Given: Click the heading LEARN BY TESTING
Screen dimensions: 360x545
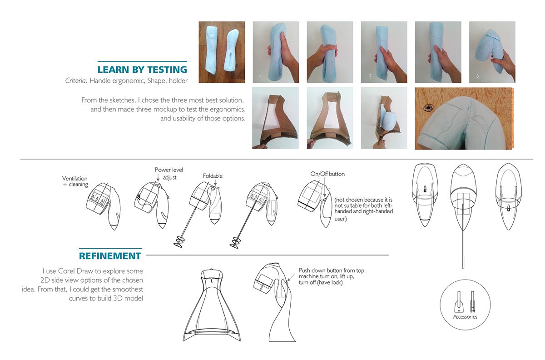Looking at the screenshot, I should coord(142,70).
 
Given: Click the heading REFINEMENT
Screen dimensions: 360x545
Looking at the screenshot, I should coord(110,256).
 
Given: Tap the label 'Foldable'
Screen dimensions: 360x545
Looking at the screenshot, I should coord(213,176).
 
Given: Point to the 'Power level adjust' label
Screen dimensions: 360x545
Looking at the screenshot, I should coord(169,173).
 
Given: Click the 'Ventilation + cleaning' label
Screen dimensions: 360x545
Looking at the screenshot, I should coord(75,181).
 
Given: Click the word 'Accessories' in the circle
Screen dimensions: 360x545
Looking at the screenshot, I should coord(465,317).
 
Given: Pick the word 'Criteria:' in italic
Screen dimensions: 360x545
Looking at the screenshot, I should coord(76,81).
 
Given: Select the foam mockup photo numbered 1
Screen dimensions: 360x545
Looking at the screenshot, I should coord(275,52).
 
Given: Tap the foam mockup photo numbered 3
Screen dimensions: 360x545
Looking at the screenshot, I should coord(492,52).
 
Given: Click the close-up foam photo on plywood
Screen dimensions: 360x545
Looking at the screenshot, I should coord(463,118).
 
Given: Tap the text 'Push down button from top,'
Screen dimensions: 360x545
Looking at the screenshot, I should coord(332,270).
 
